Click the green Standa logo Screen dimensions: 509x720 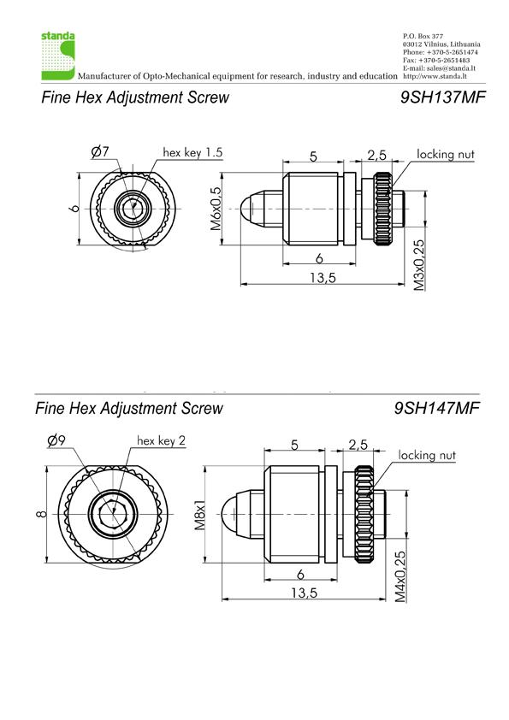pyautogui.click(x=58, y=56)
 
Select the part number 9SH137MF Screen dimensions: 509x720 pyautogui.click(x=442, y=97)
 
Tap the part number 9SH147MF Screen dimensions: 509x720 pyautogui.click(x=436, y=408)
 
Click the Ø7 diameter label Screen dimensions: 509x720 pyautogui.click(x=100, y=151)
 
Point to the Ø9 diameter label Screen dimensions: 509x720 pyautogui.click(x=56, y=440)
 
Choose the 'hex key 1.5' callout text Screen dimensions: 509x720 pyautogui.click(x=192, y=152)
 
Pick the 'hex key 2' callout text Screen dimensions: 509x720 pyautogui.click(x=161, y=441)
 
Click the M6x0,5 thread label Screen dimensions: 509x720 pyautogui.click(x=216, y=209)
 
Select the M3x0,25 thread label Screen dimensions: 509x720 pyautogui.click(x=418, y=265)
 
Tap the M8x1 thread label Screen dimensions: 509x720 pyautogui.click(x=200, y=514)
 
